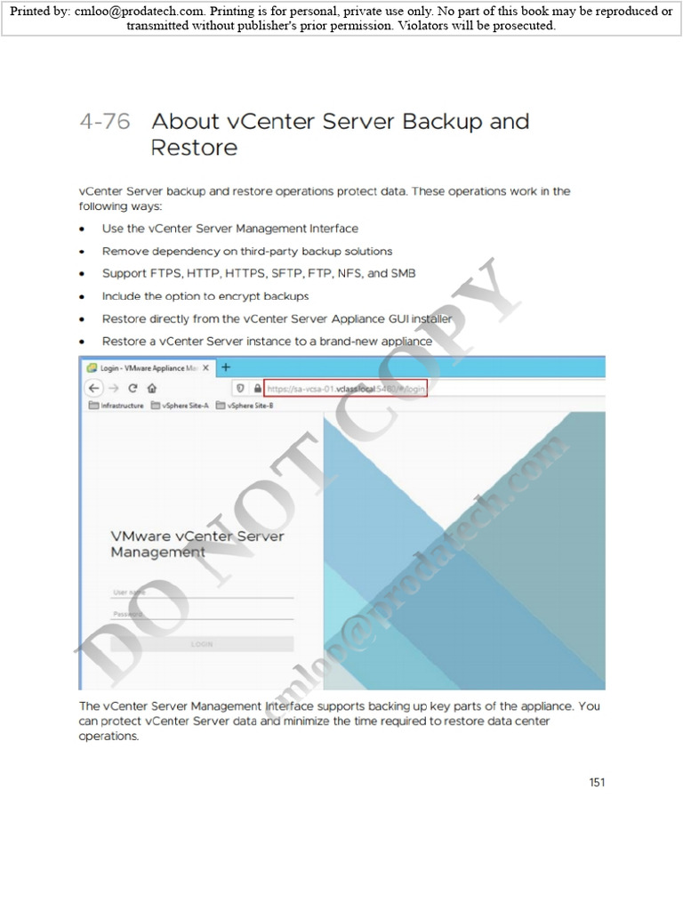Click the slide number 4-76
[104, 122]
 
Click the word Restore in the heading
[194, 148]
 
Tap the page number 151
[597, 783]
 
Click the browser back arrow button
[93, 388]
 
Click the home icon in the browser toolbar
[151, 388]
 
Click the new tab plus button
[226, 367]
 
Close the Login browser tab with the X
[206, 367]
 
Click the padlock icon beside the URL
[257, 388]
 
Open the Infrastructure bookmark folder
[117, 406]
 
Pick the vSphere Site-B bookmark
[245, 406]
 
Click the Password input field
[202, 614]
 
